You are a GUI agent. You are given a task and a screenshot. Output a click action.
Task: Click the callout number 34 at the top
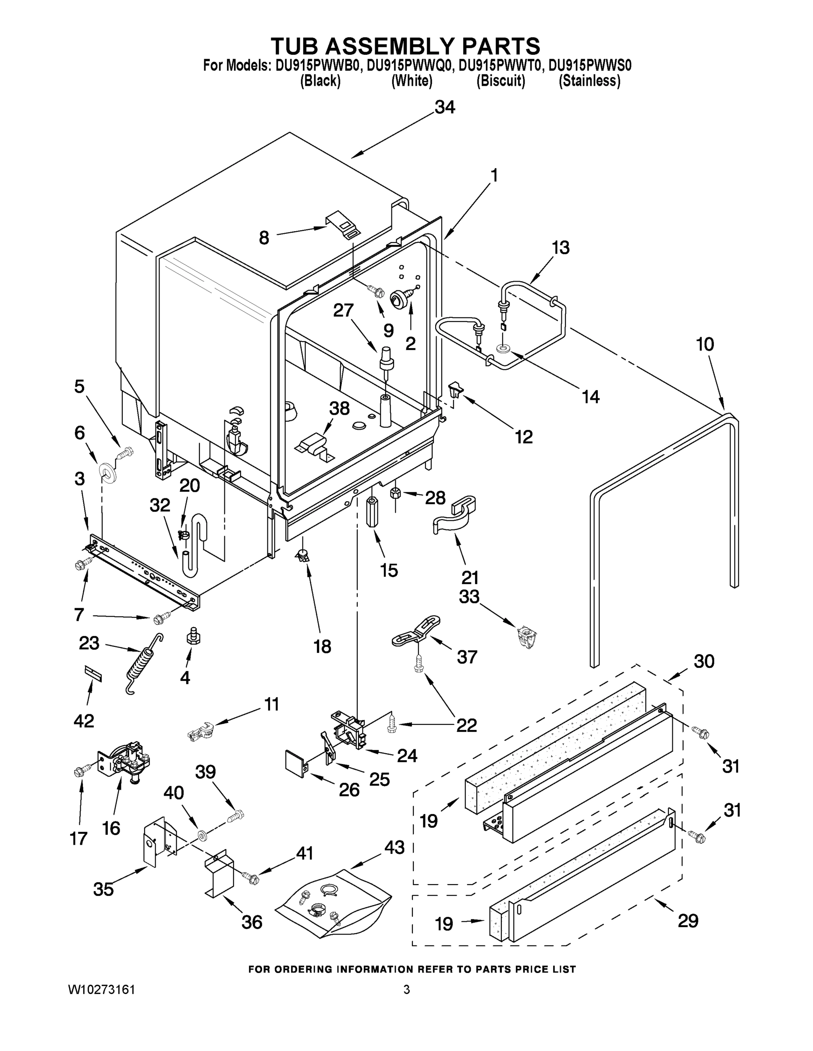pyautogui.click(x=444, y=107)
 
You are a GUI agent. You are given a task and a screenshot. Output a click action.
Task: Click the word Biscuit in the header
pyautogui.click(x=501, y=81)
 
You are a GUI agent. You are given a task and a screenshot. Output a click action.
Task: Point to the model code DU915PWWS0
pyautogui.click(x=590, y=65)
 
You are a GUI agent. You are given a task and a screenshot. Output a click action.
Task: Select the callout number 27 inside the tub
pyautogui.click(x=344, y=310)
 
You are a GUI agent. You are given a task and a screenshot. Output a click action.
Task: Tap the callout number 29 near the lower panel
pyautogui.click(x=688, y=921)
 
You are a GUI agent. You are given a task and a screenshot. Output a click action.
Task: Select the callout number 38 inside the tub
pyautogui.click(x=339, y=409)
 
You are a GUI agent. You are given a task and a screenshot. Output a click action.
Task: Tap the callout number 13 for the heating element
pyautogui.click(x=560, y=247)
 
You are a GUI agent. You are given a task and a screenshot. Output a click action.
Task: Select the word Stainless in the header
pyautogui.click(x=589, y=81)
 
